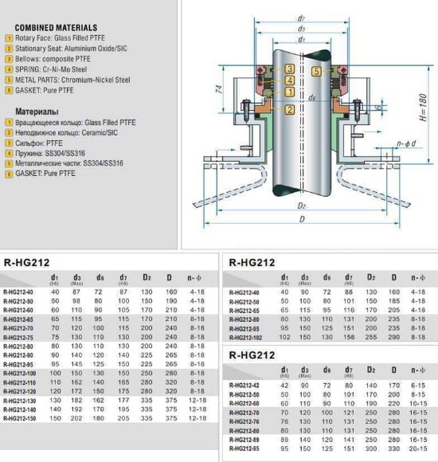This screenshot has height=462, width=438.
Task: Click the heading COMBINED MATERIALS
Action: [56, 28]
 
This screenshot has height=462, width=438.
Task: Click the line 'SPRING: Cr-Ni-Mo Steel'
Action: [63, 69]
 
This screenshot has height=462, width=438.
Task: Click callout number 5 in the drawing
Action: [317, 72]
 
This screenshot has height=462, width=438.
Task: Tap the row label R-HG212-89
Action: [244, 439]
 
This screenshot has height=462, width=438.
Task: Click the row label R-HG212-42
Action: [244, 385]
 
